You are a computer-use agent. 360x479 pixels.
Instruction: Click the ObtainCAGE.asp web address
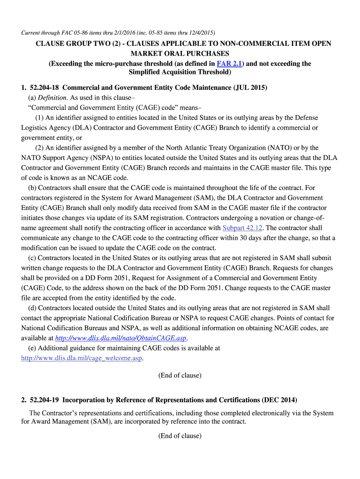tap(121, 338)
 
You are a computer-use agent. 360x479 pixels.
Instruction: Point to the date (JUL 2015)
tap(251, 87)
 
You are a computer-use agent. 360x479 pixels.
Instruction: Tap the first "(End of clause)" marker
tap(180, 375)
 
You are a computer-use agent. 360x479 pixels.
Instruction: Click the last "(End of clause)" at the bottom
tap(180, 436)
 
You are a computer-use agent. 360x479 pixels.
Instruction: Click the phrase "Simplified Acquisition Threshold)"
tap(180, 73)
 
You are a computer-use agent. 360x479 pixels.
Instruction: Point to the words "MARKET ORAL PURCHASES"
tap(180, 54)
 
